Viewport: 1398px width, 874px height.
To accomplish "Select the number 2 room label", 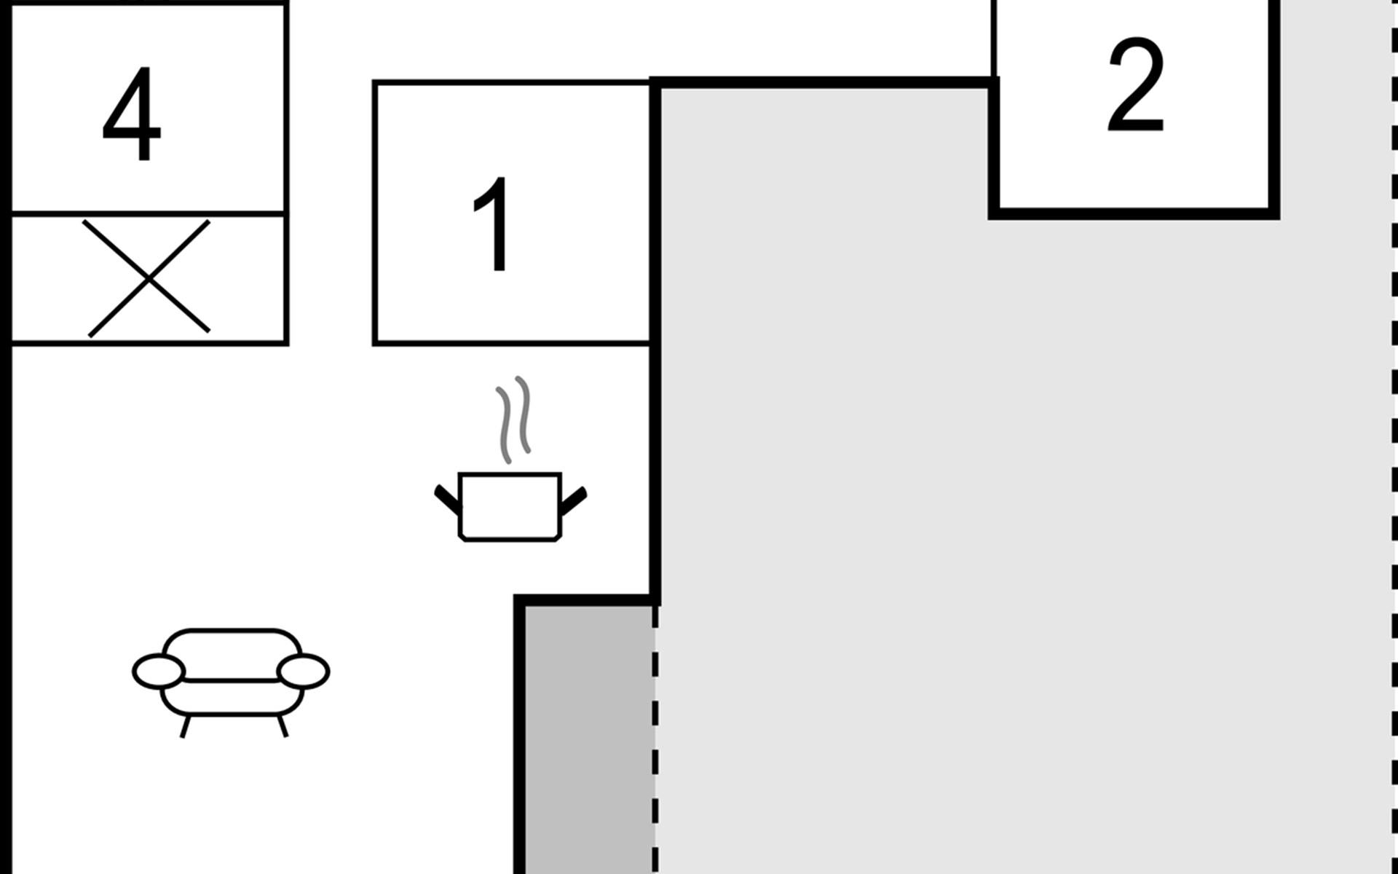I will (1135, 86).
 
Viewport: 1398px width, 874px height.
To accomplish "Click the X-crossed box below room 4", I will (149, 278).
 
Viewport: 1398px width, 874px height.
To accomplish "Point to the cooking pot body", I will (510, 506).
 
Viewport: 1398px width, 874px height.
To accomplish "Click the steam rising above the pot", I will (514, 419).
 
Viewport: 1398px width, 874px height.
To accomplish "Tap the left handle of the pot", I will (447, 498).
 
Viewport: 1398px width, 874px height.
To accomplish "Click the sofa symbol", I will (231, 674).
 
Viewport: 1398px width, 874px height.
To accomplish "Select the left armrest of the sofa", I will (158, 671).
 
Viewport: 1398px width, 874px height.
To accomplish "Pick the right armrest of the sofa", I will (304, 671).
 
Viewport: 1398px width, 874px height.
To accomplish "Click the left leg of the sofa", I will (185, 726).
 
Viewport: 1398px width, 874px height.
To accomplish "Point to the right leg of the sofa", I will (283, 726).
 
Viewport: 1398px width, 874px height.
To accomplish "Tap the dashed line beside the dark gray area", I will (655, 736).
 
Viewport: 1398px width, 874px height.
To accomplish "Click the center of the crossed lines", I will (149, 278).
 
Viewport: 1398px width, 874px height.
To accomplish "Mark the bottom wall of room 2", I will (1133, 213).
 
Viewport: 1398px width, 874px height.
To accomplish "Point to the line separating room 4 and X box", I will (149, 213).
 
